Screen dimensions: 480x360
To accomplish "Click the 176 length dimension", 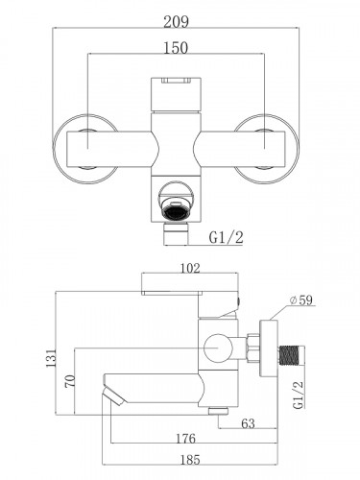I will coord(185,439).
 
